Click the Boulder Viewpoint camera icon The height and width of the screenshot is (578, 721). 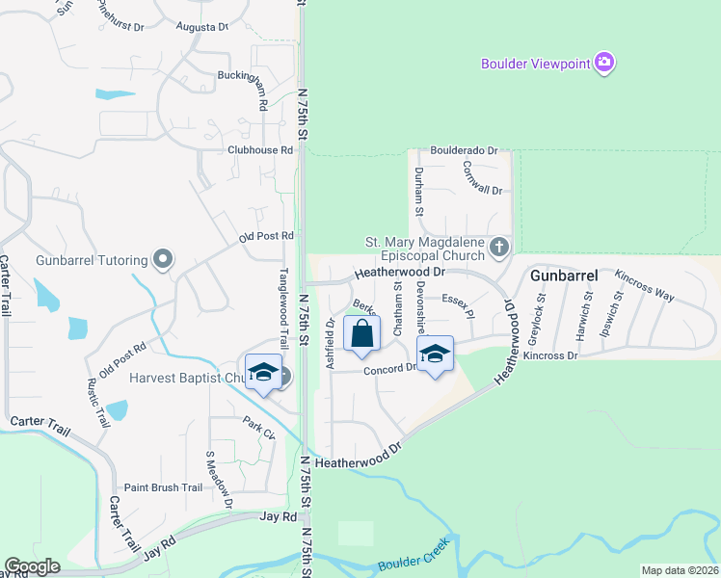pos(604,64)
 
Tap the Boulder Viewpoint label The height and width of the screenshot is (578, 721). pos(536,65)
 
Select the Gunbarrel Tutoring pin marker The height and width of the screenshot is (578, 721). pos(163,259)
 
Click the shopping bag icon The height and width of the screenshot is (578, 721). pos(361,333)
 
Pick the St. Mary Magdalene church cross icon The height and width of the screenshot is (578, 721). pos(498,248)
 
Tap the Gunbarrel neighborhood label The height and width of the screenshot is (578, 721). pos(564,276)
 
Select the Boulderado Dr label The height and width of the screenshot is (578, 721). pos(464,151)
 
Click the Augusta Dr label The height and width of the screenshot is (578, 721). pos(202,27)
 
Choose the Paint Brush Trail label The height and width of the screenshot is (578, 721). pos(163,487)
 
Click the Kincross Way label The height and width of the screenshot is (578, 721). pos(645,286)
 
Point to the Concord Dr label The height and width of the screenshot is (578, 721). pos(389,369)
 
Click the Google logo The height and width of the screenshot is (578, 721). pos(32,566)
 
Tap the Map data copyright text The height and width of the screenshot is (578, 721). pos(680,570)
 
